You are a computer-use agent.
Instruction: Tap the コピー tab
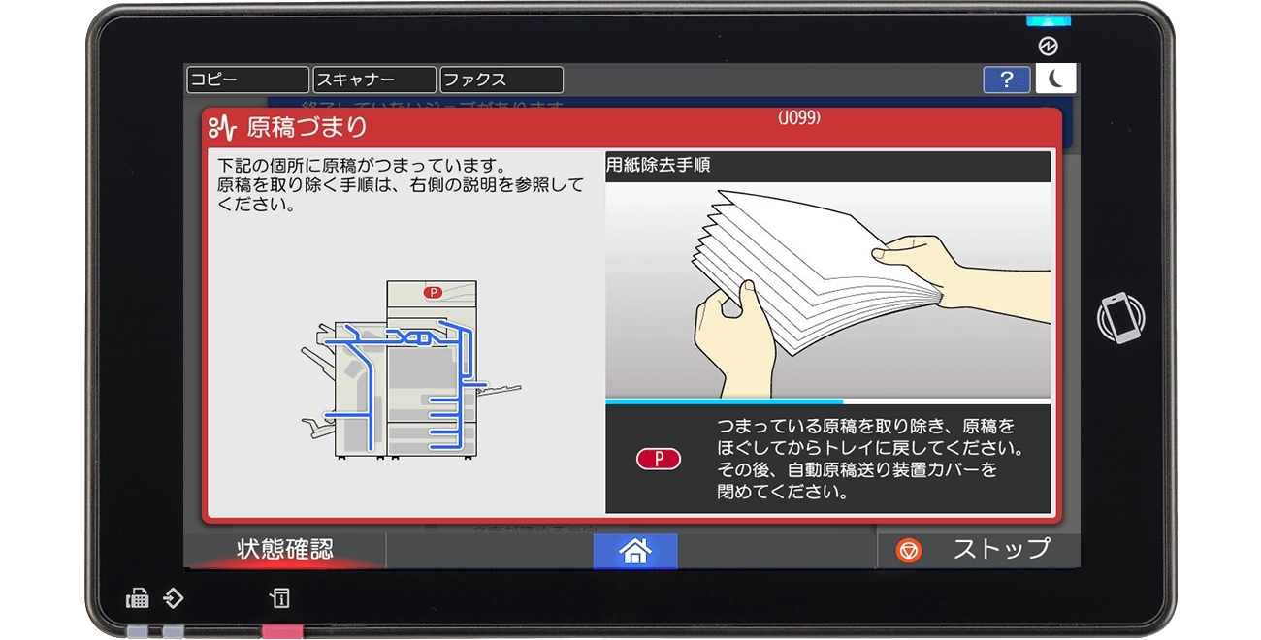pos(246,80)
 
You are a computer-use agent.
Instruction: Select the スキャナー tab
pos(374,80)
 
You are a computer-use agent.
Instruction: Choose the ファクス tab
pos(501,80)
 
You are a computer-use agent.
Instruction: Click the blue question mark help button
pos(1007,80)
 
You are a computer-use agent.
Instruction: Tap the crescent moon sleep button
pos(1055,80)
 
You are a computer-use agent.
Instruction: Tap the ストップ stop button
pos(979,550)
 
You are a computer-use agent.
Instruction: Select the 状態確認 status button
pos(285,550)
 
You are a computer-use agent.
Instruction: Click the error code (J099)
pos(799,118)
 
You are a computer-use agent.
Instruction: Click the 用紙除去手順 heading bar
pos(827,166)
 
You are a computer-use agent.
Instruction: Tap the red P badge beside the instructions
pos(659,460)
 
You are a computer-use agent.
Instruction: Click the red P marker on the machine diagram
pos(433,292)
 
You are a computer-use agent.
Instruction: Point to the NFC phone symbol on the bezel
pos(1120,319)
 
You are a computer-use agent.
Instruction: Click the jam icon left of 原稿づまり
pos(223,127)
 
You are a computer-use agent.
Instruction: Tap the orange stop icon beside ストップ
pos(909,551)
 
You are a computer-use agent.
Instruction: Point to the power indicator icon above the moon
pos(1048,47)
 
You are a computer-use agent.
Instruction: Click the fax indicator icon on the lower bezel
pos(138,598)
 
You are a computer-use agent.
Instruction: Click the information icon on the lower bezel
pos(279,598)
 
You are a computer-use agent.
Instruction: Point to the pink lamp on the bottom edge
pos(282,632)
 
